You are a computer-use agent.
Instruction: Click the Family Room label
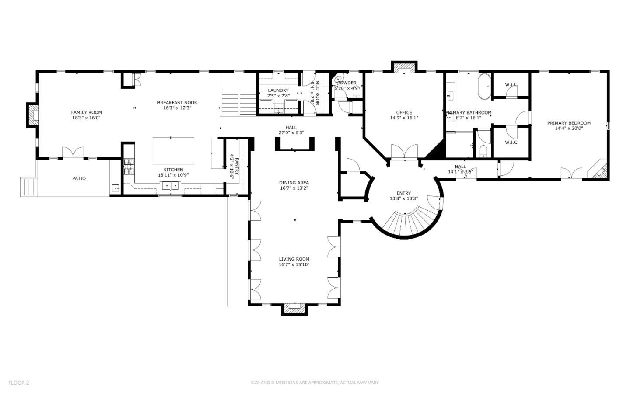[x=86, y=112]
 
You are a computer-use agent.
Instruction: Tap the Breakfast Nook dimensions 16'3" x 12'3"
[x=177, y=108]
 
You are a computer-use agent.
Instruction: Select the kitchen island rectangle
[x=173, y=151]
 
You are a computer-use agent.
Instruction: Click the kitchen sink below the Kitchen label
[x=171, y=185]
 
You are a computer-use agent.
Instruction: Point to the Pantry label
[x=237, y=166]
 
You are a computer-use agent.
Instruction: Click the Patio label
[x=79, y=178]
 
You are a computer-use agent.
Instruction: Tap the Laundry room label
[x=278, y=90]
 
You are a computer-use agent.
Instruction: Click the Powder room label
[x=347, y=83]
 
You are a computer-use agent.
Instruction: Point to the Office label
[x=404, y=112]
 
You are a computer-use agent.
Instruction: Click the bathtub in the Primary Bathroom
[x=484, y=87]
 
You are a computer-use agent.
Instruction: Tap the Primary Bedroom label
[x=569, y=123]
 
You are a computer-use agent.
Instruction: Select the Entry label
[x=404, y=193]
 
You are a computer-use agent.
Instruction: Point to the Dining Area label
[x=294, y=183]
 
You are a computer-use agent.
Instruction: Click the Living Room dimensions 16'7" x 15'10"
[x=294, y=264]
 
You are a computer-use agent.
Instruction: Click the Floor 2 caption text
[x=18, y=383]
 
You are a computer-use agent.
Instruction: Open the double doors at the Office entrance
[x=404, y=152]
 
